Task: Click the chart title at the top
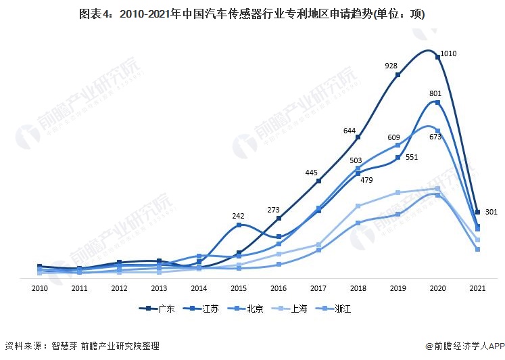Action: click(x=252, y=14)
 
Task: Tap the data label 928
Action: click(x=391, y=66)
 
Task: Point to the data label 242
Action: click(x=238, y=216)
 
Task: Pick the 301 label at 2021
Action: click(x=491, y=212)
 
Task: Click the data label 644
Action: click(x=350, y=130)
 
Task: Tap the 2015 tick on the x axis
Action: click(x=239, y=289)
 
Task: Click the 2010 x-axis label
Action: click(x=39, y=289)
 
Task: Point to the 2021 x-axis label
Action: click(x=477, y=289)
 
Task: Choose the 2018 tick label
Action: click(x=358, y=289)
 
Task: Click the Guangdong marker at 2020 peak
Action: click(x=437, y=58)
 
